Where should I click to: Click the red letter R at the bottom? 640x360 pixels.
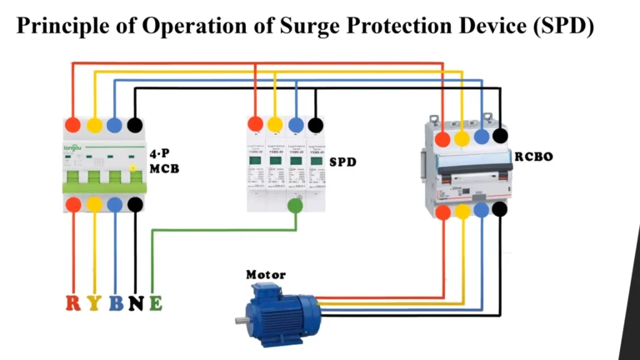coord(74,302)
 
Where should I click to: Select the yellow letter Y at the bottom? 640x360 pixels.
coord(94,302)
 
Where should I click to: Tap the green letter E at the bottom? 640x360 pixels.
coord(155,302)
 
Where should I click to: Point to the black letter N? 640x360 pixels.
coord(135,302)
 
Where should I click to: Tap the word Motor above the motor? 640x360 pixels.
coord(266,274)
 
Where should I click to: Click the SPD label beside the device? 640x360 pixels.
coord(342,162)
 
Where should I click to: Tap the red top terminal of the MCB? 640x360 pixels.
coord(74,125)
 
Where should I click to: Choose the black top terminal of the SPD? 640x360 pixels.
coord(316,125)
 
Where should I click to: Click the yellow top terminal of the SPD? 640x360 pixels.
coord(275,125)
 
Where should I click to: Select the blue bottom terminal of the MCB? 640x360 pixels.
coord(115,204)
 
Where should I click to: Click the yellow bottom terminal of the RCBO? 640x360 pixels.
coord(462,212)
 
